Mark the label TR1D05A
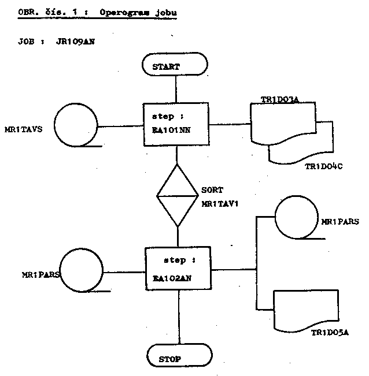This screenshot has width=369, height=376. (x=330, y=333)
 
